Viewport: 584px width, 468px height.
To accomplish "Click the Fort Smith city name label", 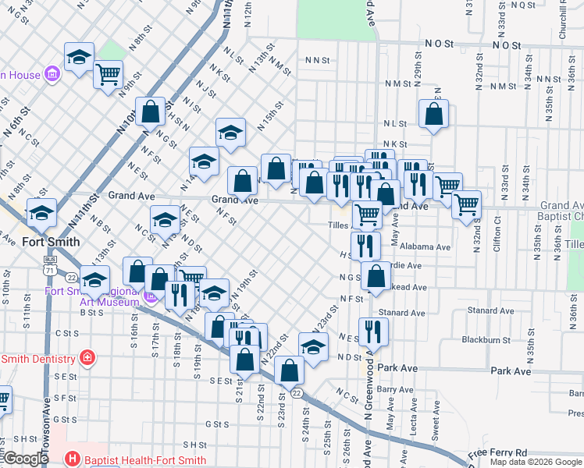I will (x=51, y=242).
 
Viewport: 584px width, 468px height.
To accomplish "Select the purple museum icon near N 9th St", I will (x=53, y=75).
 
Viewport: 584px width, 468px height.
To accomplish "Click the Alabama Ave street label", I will (x=426, y=247).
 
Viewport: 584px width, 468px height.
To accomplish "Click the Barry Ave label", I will (x=394, y=388).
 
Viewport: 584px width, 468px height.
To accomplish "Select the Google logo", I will (x=26, y=459).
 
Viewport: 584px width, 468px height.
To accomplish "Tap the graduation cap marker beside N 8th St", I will (x=80, y=57).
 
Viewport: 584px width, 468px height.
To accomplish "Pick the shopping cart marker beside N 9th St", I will (x=108, y=76).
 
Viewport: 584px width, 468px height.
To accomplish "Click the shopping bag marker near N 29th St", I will (x=433, y=114).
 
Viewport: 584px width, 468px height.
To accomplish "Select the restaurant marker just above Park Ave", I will (x=373, y=331).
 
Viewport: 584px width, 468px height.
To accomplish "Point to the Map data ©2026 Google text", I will (x=536, y=462).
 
